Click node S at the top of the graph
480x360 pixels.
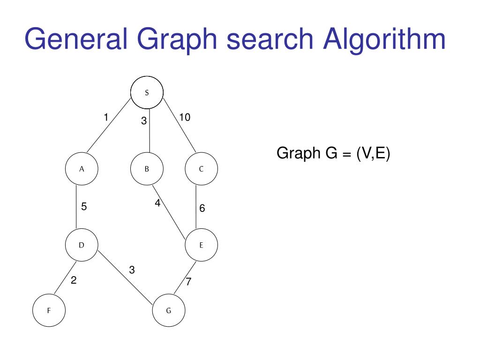(147, 93)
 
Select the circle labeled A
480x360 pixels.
(82, 169)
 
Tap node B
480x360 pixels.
(147, 169)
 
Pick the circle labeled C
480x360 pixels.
(201, 169)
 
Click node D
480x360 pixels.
(82, 245)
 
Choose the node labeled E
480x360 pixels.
(201, 245)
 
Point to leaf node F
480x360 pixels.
(49, 310)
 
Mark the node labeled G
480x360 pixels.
(169, 310)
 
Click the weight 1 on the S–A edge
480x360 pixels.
(106, 117)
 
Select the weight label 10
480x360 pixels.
(185, 117)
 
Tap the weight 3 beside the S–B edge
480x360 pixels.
(144, 121)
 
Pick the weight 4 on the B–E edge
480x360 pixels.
(157, 203)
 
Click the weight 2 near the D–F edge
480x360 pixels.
(74, 281)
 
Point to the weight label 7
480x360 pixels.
(188, 282)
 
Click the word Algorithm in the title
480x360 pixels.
(384, 39)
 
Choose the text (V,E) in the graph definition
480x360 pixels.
(373, 153)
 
